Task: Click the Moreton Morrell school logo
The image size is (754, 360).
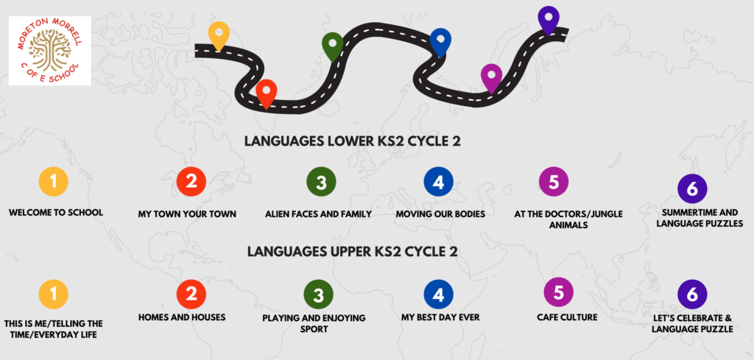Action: tap(50, 51)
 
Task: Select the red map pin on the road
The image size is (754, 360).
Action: tap(267, 94)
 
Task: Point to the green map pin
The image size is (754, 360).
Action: tap(332, 46)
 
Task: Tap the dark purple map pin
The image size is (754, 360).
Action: tap(549, 21)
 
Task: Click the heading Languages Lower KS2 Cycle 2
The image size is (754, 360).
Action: tap(353, 142)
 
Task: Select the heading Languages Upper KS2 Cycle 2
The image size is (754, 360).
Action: tap(353, 252)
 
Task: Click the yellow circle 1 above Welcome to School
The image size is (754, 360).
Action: tap(53, 182)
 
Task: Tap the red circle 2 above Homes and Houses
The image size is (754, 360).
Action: tap(191, 294)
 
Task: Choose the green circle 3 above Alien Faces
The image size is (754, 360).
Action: tap(321, 183)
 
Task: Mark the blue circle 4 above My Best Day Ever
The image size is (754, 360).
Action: tap(439, 294)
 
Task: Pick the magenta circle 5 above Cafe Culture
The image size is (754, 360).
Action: tap(559, 292)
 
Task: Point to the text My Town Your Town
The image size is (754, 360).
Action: tap(187, 214)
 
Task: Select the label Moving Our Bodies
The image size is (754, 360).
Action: tap(440, 214)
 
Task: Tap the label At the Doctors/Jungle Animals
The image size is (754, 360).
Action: tap(568, 219)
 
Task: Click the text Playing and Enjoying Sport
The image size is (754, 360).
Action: tap(314, 323)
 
